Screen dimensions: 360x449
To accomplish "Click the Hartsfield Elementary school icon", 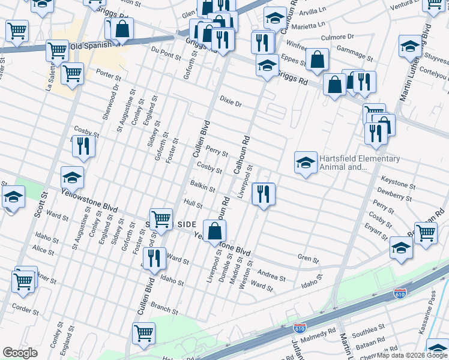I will [306, 163].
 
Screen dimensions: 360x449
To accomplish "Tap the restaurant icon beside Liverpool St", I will [264, 194].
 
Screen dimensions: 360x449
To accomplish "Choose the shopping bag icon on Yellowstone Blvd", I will [214, 232].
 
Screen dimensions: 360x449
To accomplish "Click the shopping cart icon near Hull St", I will [161, 220].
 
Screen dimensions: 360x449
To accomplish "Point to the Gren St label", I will [308, 259].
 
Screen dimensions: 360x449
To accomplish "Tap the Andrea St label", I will [271, 277].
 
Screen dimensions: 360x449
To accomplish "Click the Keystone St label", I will [395, 179].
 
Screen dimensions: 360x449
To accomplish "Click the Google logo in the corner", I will [20, 353].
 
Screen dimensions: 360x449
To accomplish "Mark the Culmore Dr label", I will [338, 37].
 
